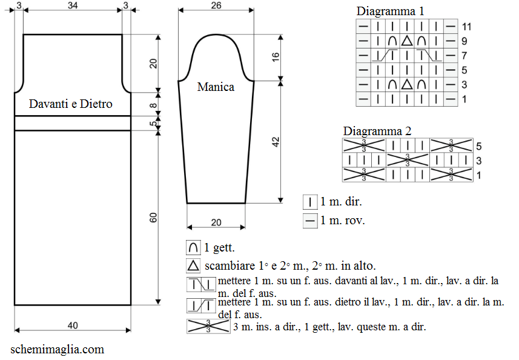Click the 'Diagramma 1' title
click(x=390, y=12)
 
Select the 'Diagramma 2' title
click(x=377, y=131)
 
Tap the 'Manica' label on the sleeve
click(x=216, y=87)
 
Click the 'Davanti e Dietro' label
click(x=70, y=104)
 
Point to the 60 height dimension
click(x=153, y=218)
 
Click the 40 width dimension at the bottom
click(x=73, y=325)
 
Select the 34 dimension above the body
click(x=73, y=5)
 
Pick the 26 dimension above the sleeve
click(x=216, y=5)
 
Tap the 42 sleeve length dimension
click(x=276, y=142)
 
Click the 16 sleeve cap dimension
click(x=276, y=57)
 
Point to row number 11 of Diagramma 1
click(x=466, y=27)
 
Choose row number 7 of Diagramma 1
click(x=464, y=56)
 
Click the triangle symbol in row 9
click(x=407, y=41)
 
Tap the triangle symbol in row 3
click(x=407, y=84)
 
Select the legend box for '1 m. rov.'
click(x=310, y=221)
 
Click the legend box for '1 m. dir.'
click(x=310, y=202)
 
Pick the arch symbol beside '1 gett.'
click(x=193, y=248)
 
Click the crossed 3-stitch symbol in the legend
click(x=208, y=326)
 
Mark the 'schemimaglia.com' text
click(x=58, y=350)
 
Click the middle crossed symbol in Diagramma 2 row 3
click(x=408, y=160)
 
